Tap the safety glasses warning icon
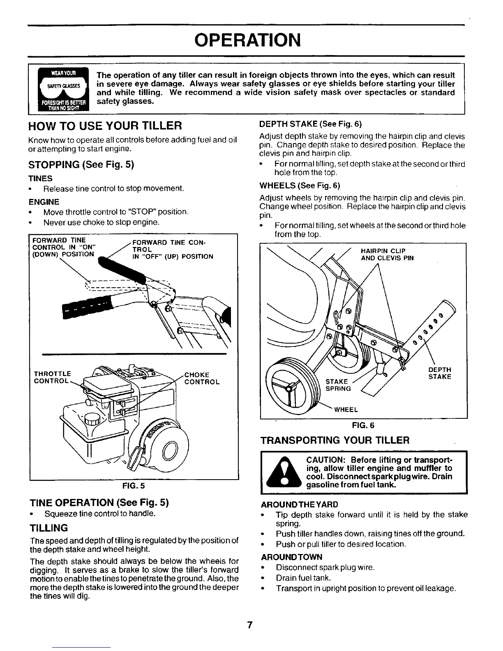pos(62,88)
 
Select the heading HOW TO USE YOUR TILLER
pos(105,125)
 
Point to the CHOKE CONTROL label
pos(202,378)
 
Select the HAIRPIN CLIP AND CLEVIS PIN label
pos(387,254)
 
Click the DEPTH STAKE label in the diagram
pos(439,373)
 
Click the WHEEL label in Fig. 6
pos(346,409)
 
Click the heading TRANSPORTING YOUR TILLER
pos(335,441)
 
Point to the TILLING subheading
pos(48,527)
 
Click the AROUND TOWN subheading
pos(291,557)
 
